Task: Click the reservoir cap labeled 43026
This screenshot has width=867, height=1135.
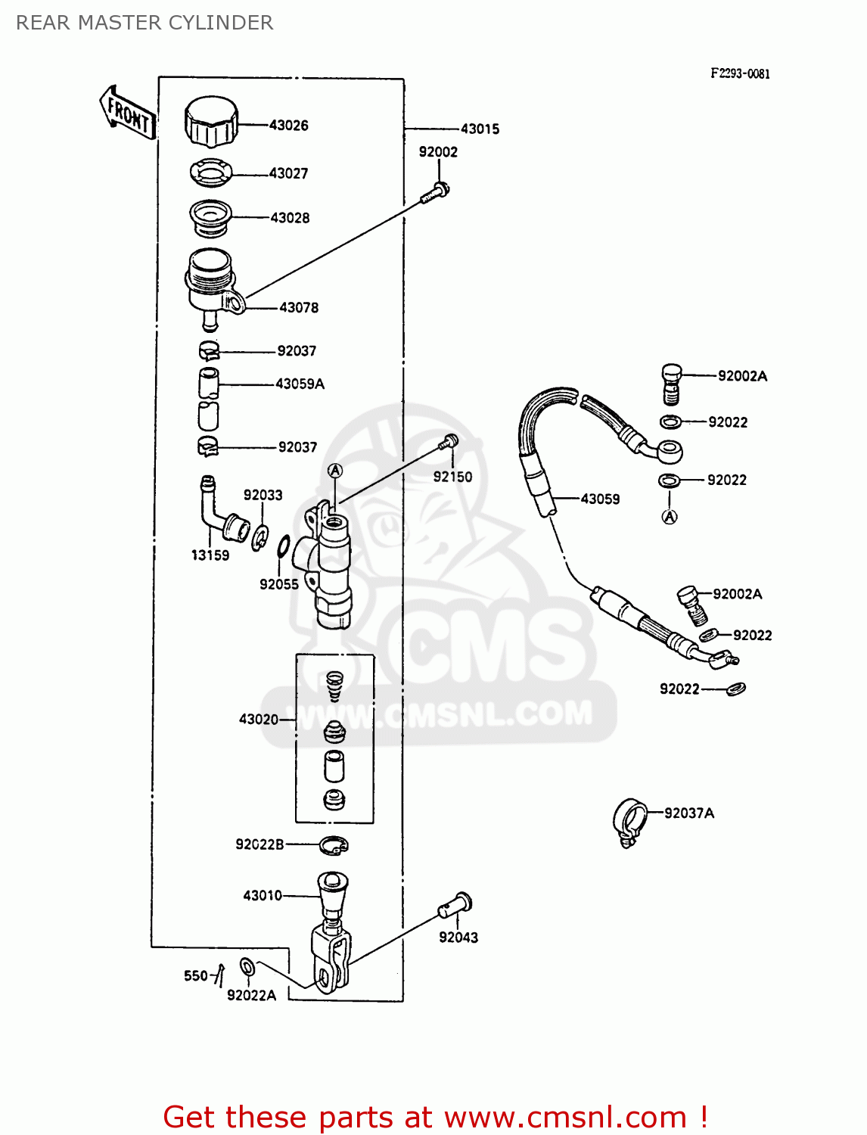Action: tap(211, 122)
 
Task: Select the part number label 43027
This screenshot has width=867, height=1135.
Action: tap(289, 173)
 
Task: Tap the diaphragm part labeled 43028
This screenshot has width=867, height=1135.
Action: tap(210, 217)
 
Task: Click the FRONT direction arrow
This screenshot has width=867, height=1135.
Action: tap(127, 114)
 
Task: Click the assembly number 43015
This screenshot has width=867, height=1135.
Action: tap(480, 129)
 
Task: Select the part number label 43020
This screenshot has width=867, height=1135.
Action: tap(259, 719)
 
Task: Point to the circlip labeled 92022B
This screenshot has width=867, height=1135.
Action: tap(334, 845)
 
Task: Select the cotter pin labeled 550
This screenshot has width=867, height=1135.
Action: tap(219, 975)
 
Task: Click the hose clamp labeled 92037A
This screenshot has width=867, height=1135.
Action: tap(629, 820)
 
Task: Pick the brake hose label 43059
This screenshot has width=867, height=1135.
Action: tap(600, 499)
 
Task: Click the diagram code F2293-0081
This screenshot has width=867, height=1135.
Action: tap(740, 73)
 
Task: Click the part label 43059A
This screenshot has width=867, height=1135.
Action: tap(300, 384)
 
